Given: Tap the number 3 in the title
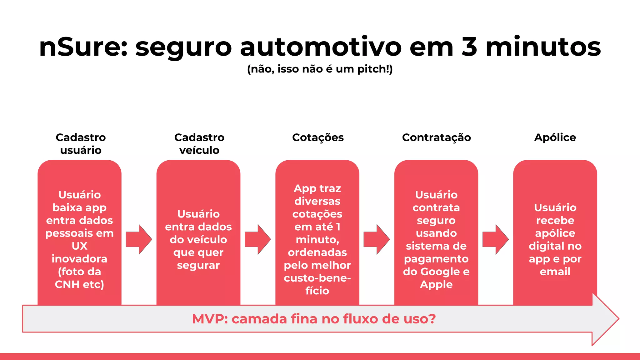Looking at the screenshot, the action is [469, 47].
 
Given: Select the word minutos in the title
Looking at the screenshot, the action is [543, 47].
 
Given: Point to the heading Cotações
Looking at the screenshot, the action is [318, 137].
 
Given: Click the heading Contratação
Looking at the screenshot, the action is [436, 137].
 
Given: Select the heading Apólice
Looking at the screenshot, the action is [555, 137].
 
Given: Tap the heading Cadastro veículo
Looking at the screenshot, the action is [199, 144].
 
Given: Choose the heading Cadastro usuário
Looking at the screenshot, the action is [81, 144].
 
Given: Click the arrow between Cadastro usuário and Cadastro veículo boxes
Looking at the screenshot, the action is [139, 239].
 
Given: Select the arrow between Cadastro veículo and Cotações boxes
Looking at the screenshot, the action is [257, 239].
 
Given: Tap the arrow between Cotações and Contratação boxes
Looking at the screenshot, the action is [377, 239].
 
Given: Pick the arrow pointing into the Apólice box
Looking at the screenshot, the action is [495, 239].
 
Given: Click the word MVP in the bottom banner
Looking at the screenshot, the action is [210, 319].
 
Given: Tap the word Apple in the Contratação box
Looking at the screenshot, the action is [436, 284].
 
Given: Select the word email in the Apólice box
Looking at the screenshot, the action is [555, 272].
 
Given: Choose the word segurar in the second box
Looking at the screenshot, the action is [198, 265].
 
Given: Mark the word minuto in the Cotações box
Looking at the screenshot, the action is [316, 240].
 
